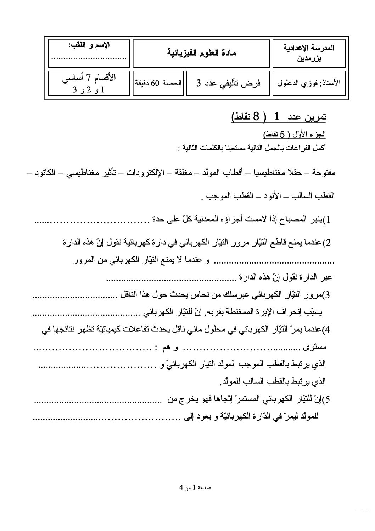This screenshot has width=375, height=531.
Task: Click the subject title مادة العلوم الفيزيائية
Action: point(201,53)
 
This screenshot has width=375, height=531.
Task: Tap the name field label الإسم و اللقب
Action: point(89,45)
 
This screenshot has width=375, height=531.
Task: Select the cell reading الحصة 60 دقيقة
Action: point(158,83)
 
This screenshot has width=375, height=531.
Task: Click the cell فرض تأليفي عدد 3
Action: point(228,83)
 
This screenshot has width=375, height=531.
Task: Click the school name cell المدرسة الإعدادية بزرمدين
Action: point(309,53)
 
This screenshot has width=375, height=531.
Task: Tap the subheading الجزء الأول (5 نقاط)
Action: point(294,134)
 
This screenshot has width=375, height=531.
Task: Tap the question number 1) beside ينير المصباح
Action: point(327,220)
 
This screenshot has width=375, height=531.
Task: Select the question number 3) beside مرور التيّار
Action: point(327,295)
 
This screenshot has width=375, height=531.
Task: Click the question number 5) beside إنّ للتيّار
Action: point(327,400)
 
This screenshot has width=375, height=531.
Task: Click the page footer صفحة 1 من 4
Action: point(195,487)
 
